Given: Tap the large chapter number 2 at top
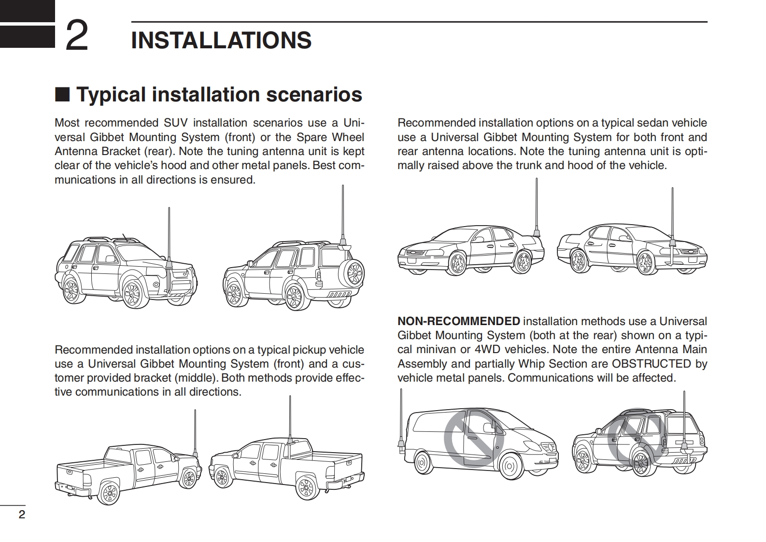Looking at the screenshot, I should (x=77, y=36).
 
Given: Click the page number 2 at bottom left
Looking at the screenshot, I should (x=21, y=514).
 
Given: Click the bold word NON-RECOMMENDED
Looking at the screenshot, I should (x=458, y=321).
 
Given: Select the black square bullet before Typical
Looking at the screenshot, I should (x=62, y=94).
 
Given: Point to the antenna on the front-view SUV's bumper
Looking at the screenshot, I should (x=169, y=242).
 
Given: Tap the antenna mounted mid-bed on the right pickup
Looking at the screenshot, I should (x=290, y=420).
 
